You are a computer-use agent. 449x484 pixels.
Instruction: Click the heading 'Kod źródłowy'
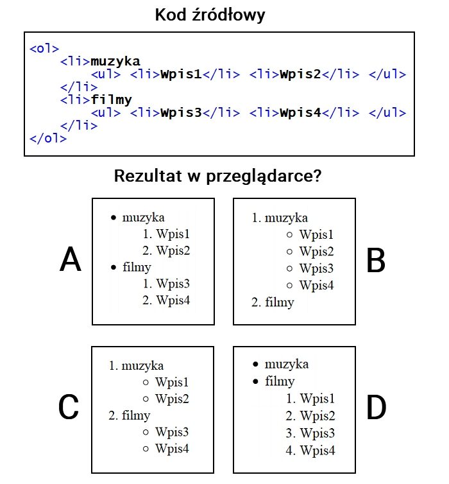pyautogui.click(x=210, y=15)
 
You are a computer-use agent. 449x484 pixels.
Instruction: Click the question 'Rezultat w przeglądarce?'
pyautogui.click(x=217, y=177)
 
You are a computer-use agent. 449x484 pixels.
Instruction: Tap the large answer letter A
pyautogui.click(x=71, y=259)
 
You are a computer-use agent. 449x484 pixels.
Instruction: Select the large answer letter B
pyautogui.click(x=376, y=261)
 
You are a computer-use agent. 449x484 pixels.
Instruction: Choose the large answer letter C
pyautogui.click(x=69, y=407)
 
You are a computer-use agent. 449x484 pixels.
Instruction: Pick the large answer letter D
pyautogui.click(x=377, y=407)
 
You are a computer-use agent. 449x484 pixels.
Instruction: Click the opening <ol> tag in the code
pyautogui.click(x=44, y=49)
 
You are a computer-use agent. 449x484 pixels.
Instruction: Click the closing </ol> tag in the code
pyautogui.click(x=48, y=138)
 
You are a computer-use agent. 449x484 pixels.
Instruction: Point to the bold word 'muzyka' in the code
pyautogui.click(x=115, y=62)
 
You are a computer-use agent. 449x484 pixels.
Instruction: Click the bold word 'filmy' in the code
pyautogui.click(x=112, y=99)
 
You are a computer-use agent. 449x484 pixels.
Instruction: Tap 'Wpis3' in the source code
pyautogui.click(x=181, y=113)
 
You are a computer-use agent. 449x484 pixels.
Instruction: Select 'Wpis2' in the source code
pyautogui.click(x=300, y=74)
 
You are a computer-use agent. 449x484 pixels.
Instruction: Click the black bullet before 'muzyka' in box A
pyautogui.click(x=114, y=218)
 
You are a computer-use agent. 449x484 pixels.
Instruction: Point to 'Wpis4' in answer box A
pyautogui.click(x=173, y=300)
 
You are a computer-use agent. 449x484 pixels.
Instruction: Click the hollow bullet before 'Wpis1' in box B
pyautogui.click(x=289, y=234)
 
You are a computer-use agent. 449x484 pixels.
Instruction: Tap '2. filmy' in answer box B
pyautogui.click(x=273, y=302)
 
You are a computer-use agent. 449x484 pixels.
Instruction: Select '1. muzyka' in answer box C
pyautogui.click(x=136, y=366)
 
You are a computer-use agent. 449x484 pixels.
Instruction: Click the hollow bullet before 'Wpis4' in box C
pyautogui.click(x=146, y=449)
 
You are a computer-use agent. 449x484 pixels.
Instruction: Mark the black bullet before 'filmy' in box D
pyautogui.click(x=255, y=381)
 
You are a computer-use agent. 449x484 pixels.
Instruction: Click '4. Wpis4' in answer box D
pyautogui.click(x=310, y=451)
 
